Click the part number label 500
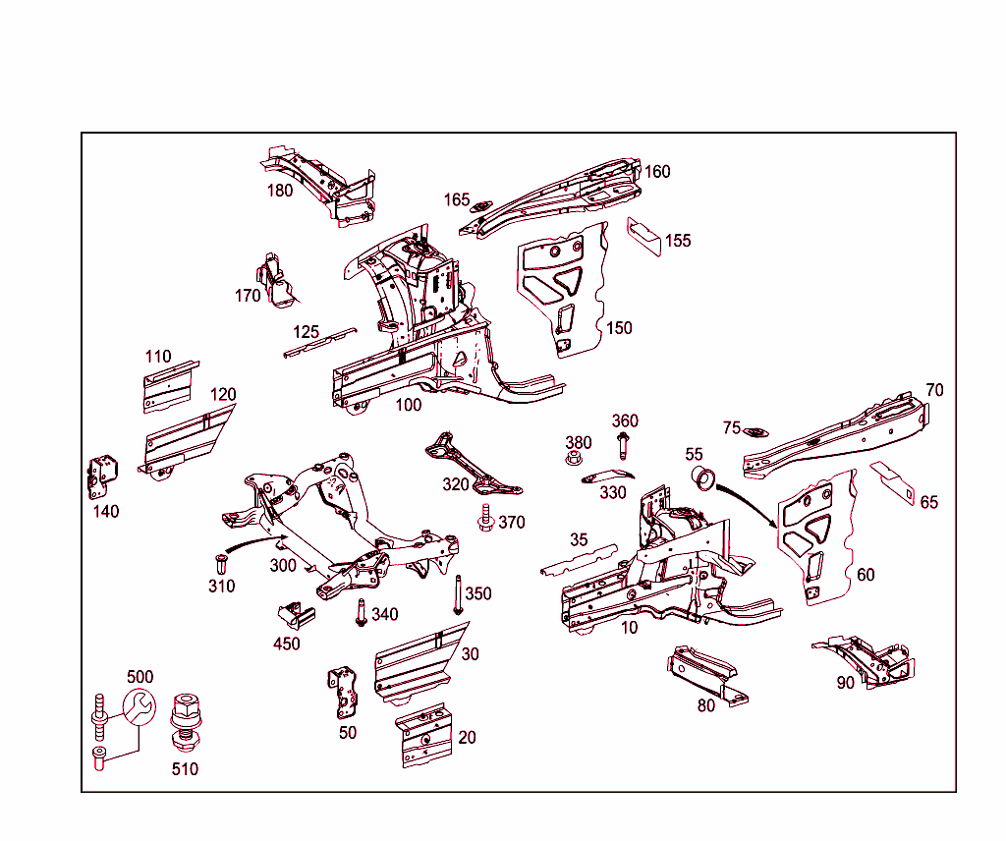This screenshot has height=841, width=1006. [140, 677]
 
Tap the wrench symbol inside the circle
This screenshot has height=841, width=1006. [139, 706]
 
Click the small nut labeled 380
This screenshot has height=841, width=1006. [574, 459]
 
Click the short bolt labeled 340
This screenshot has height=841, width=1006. [362, 612]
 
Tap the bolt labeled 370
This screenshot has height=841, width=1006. [485, 518]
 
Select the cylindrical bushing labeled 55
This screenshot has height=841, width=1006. [702, 478]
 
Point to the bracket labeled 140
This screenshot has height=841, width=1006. [102, 478]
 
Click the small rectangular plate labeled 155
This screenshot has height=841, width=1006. [644, 235]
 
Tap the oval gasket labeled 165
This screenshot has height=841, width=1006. [481, 205]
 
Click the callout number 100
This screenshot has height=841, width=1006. [408, 404]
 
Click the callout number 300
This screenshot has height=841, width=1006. [283, 566]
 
